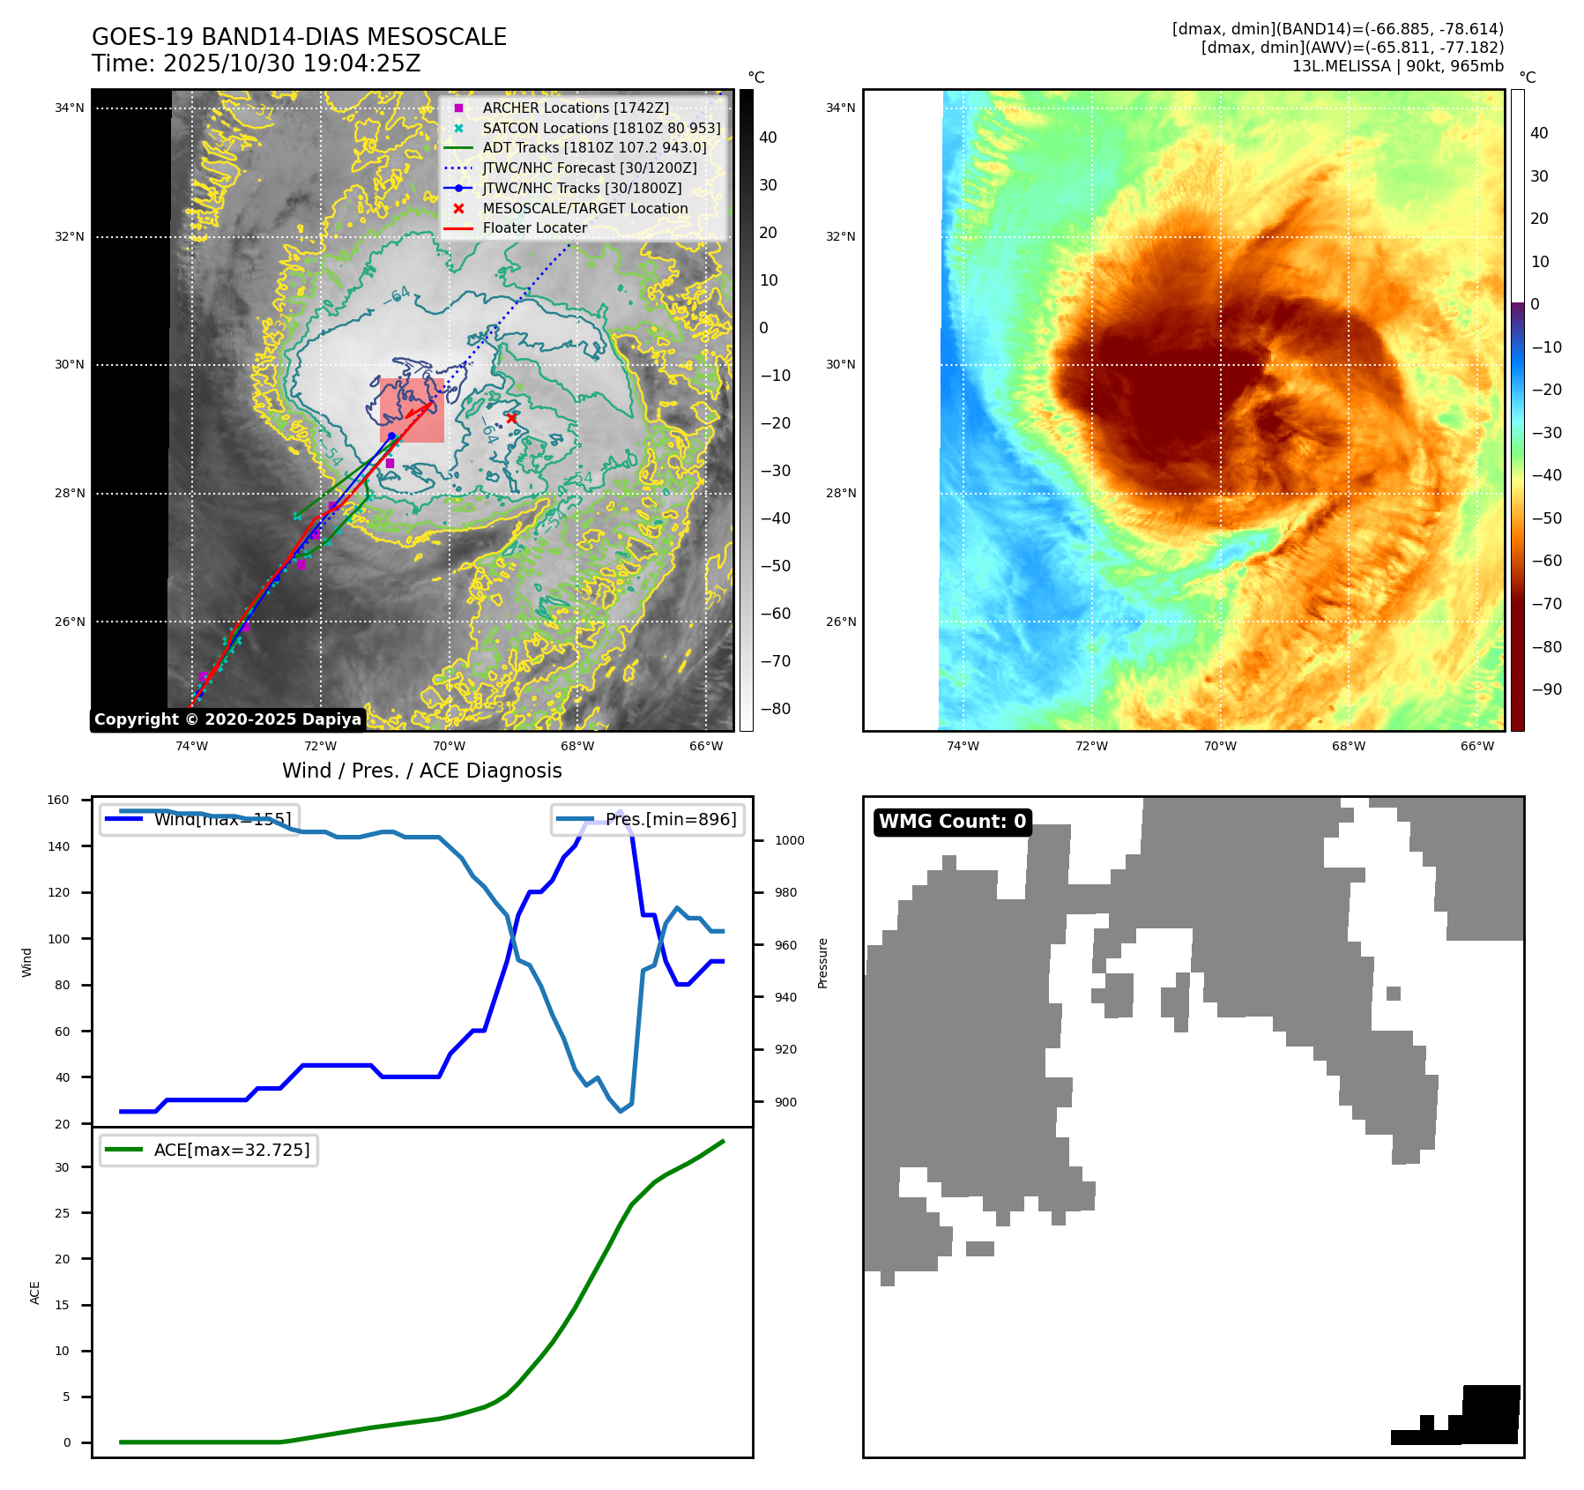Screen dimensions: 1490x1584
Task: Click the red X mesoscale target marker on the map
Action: coord(511,418)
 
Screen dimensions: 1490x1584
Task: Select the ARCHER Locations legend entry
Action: coord(575,108)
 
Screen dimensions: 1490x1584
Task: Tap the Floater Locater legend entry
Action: coord(534,227)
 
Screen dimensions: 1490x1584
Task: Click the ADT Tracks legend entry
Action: coord(594,147)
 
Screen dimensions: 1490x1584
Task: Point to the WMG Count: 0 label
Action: coord(952,822)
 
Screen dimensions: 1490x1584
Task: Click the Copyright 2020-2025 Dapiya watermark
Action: coord(227,719)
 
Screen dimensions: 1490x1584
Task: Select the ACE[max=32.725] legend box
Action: coord(209,1150)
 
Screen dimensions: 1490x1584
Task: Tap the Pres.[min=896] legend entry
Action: coord(648,819)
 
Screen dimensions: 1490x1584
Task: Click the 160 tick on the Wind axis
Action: coord(58,801)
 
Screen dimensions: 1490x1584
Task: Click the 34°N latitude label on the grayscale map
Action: coord(70,108)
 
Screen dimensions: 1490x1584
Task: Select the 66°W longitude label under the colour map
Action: coord(1477,746)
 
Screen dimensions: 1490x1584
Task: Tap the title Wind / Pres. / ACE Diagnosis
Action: coord(421,771)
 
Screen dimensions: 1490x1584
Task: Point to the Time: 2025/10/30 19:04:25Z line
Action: coord(256,64)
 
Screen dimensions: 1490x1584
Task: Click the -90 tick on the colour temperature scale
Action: coord(1546,689)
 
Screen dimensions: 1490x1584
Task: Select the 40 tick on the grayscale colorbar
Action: coord(768,138)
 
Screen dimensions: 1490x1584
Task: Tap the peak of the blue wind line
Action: coord(621,811)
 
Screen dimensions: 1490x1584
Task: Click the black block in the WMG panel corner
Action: coord(1490,1414)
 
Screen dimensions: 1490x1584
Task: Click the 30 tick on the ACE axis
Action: coord(62,1167)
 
